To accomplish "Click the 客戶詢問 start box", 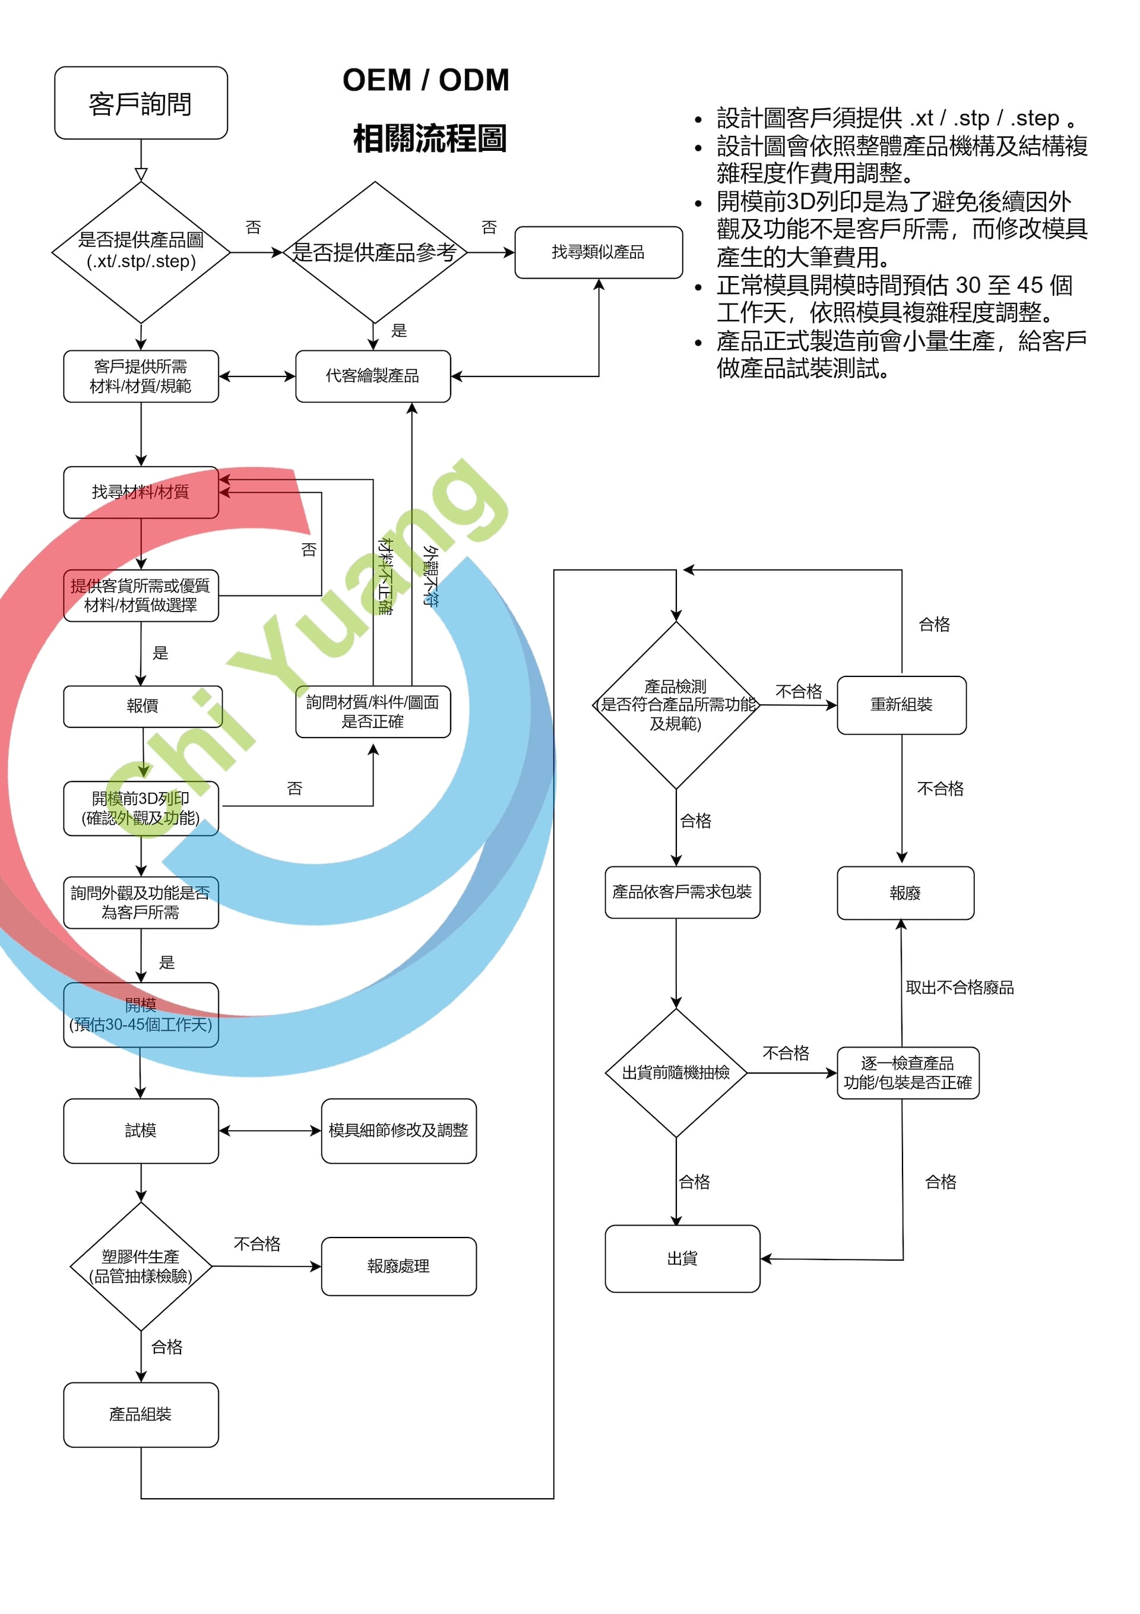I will click(141, 103).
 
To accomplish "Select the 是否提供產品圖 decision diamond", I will click(141, 252).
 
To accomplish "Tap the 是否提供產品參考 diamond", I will click(375, 252).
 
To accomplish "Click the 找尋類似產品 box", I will click(598, 252).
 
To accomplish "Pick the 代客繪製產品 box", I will click(372, 376).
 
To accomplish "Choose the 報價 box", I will click(142, 706).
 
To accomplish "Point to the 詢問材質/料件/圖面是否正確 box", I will click(372, 711).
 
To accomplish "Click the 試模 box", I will click(141, 1131).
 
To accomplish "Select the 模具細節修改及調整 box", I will click(398, 1131).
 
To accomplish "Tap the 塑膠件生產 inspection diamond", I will click(141, 1266).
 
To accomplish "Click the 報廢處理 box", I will click(398, 1266).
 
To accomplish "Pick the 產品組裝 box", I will click(141, 1414).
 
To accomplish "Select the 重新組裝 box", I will click(901, 705).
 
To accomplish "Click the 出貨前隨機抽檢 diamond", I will click(676, 1072).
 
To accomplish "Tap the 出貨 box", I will click(682, 1258).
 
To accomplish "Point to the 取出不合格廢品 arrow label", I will click(959, 988).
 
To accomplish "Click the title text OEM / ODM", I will click(426, 80).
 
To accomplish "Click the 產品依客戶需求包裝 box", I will click(682, 892).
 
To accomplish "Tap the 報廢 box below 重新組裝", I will click(905, 893).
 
